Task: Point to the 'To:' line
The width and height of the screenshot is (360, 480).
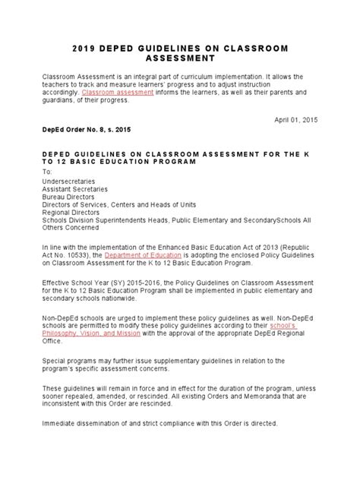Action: click(47, 172)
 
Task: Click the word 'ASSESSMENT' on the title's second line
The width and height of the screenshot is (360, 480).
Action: click(180, 58)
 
